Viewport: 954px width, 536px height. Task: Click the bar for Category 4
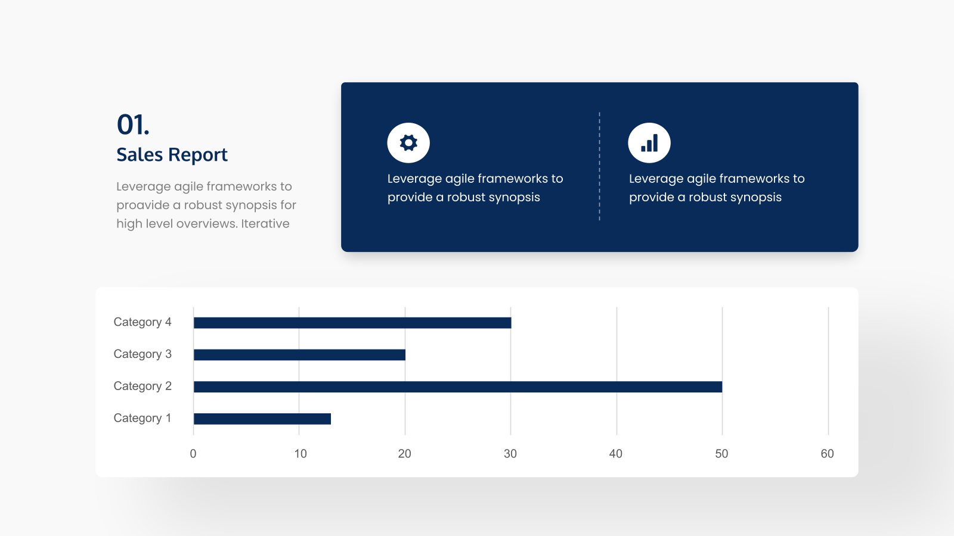click(x=352, y=323)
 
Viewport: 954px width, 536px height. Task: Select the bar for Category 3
click(x=299, y=355)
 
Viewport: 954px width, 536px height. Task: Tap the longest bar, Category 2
click(x=458, y=387)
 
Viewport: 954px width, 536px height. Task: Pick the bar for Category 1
click(x=262, y=419)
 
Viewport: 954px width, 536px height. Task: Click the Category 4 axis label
click(x=143, y=322)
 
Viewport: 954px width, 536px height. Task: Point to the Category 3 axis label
click(x=143, y=354)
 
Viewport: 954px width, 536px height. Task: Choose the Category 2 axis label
click(x=143, y=386)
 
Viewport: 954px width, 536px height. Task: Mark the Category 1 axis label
click(x=143, y=417)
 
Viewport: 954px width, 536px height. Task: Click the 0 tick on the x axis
click(x=193, y=454)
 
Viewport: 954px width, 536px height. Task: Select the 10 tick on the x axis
click(x=301, y=454)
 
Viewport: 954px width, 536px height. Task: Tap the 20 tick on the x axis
click(x=405, y=454)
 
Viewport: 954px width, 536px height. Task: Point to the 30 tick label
click(x=510, y=454)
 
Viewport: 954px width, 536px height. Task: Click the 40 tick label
click(x=616, y=454)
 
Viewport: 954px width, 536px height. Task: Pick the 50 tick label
click(x=721, y=454)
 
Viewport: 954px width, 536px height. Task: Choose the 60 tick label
click(x=827, y=454)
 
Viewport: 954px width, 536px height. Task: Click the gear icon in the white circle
click(x=408, y=143)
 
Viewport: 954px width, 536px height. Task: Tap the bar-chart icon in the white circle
click(x=649, y=143)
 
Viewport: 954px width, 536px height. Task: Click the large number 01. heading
click(x=133, y=125)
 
